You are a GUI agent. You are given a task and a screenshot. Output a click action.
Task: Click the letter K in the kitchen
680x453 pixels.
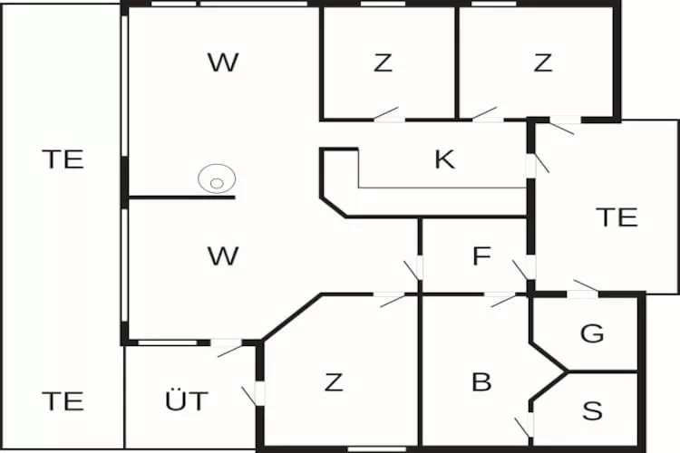[x=445, y=159]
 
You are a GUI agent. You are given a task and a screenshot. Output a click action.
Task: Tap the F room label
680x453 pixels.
[x=481, y=255]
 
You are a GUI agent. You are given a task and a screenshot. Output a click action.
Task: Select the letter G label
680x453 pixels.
[x=592, y=333]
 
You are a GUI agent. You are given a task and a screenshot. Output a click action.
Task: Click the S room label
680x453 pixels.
[x=592, y=410]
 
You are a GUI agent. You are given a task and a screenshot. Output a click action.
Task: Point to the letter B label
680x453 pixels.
[x=481, y=382]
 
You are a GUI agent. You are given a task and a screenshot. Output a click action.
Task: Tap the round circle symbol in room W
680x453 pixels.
[x=217, y=178]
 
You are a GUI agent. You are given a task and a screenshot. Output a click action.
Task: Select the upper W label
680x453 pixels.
[x=223, y=63]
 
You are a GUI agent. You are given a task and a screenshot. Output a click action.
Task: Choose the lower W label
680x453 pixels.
[x=223, y=255]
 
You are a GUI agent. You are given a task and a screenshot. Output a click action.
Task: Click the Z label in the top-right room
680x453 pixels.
[x=543, y=63]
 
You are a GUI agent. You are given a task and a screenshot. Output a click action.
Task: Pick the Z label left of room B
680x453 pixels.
[x=334, y=382]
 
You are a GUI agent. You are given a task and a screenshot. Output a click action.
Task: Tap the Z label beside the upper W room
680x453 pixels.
[x=383, y=63]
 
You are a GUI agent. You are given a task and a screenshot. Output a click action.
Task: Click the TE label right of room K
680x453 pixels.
[x=617, y=217]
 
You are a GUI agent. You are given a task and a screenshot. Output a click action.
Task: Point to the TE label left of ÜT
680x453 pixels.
[x=63, y=401]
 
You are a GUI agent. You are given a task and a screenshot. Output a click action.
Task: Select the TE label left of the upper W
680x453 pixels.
[x=63, y=159]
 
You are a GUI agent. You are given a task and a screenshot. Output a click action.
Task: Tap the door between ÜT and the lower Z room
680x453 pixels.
[x=255, y=394]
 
